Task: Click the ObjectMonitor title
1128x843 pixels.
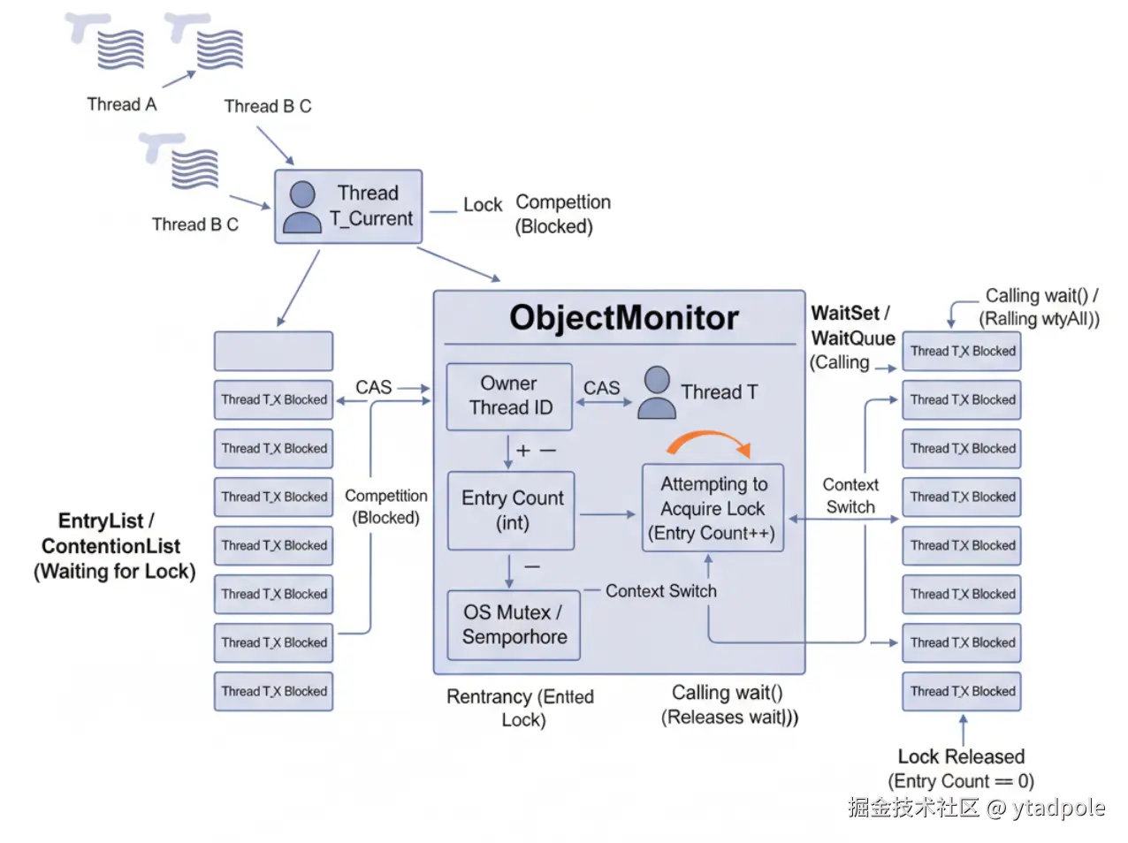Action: coord(623,318)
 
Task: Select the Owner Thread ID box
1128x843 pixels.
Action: coord(509,396)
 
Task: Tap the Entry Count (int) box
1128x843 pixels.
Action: coord(512,510)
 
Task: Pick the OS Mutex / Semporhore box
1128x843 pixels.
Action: coord(514,625)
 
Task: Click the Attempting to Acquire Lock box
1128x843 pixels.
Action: coord(713,508)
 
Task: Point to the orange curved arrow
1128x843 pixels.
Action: coord(709,442)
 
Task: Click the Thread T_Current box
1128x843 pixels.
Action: coord(348,207)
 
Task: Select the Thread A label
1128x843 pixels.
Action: coord(122,104)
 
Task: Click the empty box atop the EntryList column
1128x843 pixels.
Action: coord(273,351)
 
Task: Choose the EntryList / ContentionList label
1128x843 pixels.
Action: coord(114,546)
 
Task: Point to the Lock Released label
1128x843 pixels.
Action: coord(961,757)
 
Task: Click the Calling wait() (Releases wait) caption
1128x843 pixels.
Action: coord(728,704)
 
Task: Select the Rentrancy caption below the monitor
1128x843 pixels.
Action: coord(521,708)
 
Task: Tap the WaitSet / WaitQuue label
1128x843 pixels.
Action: coord(852,325)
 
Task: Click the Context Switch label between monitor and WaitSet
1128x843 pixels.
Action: coord(850,496)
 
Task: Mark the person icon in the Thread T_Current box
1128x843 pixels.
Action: coord(302,207)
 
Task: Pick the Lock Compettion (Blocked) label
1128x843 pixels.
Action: coord(537,214)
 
